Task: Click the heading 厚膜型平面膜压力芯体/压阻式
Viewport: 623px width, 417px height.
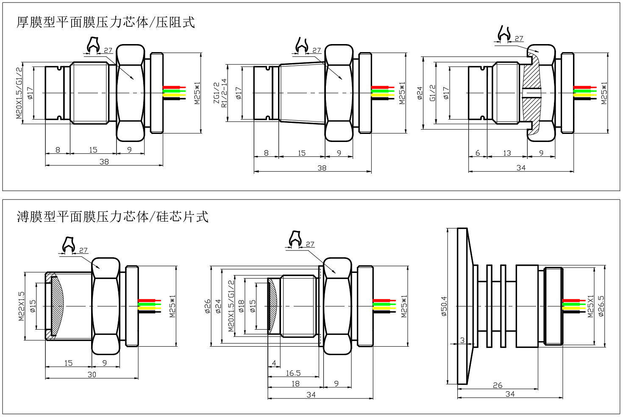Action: (x=106, y=22)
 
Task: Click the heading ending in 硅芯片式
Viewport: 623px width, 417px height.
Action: (x=112, y=217)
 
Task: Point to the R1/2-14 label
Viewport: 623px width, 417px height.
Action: (x=224, y=93)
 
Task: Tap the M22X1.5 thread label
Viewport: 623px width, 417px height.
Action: (x=22, y=306)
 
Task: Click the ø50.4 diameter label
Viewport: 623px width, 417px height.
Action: (x=444, y=306)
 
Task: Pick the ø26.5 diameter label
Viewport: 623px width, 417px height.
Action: (x=601, y=306)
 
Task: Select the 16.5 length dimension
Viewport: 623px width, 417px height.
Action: (x=293, y=373)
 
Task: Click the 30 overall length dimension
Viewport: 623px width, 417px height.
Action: (x=92, y=374)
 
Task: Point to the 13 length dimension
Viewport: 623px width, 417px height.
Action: (x=507, y=153)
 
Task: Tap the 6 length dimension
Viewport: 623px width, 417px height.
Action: (x=478, y=153)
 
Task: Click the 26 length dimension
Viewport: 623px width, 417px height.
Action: (x=498, y=385)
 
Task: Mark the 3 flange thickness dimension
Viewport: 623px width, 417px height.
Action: (x=462, y=340)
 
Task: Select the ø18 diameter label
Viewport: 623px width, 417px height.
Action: (x=241, y=306)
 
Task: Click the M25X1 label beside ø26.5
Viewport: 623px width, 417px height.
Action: (x=591, y=306)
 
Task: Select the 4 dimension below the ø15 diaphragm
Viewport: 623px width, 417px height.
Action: (x=274, y=363)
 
